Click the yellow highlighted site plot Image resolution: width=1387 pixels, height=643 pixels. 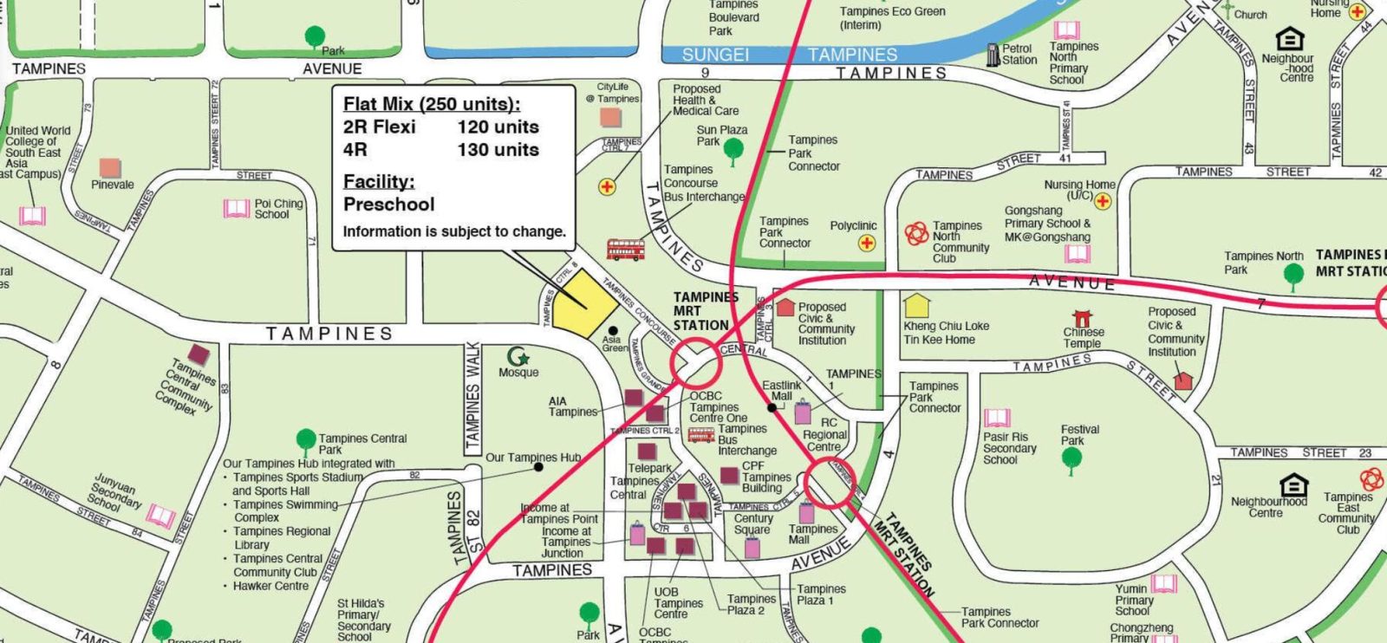click(585, 305)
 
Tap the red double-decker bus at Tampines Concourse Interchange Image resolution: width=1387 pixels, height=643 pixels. click(626, 250)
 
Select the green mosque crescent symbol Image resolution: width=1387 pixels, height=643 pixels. click(518, 356)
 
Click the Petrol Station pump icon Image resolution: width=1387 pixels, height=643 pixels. click(993, 55)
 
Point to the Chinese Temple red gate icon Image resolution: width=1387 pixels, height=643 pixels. click(1082, 318)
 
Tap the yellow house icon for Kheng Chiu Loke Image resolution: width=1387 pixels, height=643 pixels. click(917, 306)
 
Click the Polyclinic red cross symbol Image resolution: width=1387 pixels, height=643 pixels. click(867, 244)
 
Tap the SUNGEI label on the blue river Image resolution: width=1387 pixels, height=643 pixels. click(715, 55)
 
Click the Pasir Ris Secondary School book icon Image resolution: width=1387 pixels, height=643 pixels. click(997, 419)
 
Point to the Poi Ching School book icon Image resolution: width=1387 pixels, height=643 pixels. click(237, 208)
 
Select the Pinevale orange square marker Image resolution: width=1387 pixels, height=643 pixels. click(110, 168)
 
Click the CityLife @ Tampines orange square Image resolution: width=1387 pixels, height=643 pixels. click(610, 117)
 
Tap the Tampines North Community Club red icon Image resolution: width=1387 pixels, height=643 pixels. click(916, 233)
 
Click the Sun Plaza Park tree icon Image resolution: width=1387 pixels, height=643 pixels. click(733, 150)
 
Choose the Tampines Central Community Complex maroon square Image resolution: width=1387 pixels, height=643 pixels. click(199, 354)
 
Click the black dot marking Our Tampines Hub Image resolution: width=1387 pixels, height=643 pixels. click(538, 467)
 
